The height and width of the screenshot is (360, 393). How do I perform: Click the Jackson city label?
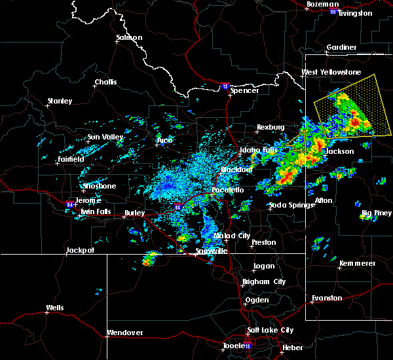[340, 151]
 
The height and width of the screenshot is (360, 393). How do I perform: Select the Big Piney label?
[376, 213]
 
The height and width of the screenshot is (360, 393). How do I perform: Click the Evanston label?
[326, 298]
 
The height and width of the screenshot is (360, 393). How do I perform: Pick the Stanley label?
[60, 101]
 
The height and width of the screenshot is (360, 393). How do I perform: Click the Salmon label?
[129, 37]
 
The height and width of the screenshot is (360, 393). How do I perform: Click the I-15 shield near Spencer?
[225, 86]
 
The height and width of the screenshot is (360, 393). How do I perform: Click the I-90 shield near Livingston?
[333, 11]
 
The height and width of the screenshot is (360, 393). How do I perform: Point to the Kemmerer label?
[357, 263]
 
